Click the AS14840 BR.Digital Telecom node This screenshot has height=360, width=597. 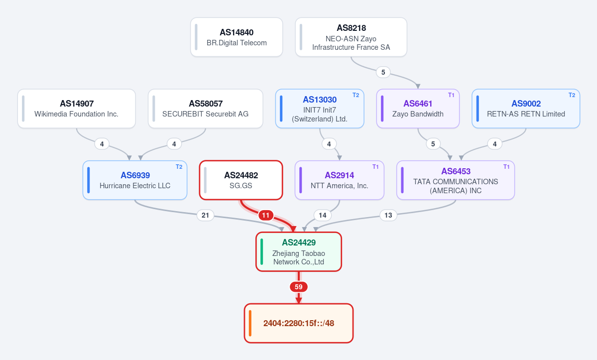237,37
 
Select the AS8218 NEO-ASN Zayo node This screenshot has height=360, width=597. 351,37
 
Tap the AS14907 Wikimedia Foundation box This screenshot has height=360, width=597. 77,109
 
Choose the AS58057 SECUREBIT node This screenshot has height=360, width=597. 206,109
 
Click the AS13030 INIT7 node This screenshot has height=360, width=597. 320,109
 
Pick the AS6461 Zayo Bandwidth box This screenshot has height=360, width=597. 418,109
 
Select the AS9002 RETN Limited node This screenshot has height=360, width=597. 526,109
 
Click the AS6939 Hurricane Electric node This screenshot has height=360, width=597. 135,180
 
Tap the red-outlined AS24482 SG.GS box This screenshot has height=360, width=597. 241,180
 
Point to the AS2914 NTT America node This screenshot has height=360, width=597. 340,180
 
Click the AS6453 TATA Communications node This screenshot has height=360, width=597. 456,180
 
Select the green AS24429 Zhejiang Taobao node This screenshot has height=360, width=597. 299,252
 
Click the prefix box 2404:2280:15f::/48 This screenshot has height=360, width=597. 299,324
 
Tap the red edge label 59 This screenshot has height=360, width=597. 299,287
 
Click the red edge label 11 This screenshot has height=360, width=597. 266,216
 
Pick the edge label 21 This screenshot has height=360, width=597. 205,216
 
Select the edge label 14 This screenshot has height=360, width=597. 323,216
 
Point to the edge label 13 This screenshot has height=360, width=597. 388,216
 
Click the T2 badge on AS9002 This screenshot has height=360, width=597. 572,95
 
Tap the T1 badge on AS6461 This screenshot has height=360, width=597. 451,95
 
